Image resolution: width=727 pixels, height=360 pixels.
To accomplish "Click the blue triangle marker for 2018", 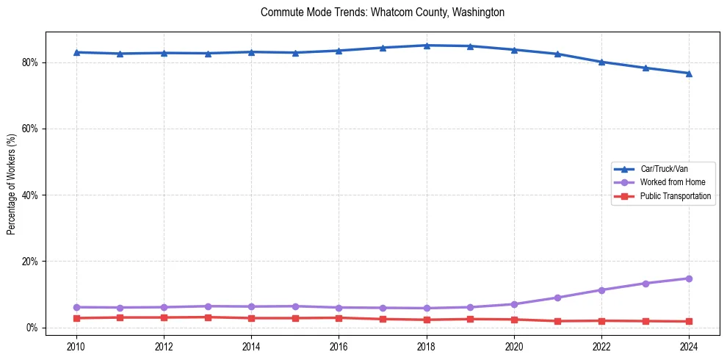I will [x=427, y=46].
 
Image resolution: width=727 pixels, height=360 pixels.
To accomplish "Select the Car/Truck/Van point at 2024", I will [x=689, y=73].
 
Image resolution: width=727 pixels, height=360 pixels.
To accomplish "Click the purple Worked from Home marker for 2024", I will [x=689, y=278].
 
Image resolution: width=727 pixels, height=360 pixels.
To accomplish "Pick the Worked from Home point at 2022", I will [x=601, y=290].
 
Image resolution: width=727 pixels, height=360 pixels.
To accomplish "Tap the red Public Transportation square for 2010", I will [x=76, y=318].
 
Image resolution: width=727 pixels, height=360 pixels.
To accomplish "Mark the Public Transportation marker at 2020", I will [x=514, y=320].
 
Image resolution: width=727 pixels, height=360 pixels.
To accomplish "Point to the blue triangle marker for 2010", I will [x=76, y=52].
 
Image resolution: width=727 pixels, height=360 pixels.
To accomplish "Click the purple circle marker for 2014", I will [x=251, y=306].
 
